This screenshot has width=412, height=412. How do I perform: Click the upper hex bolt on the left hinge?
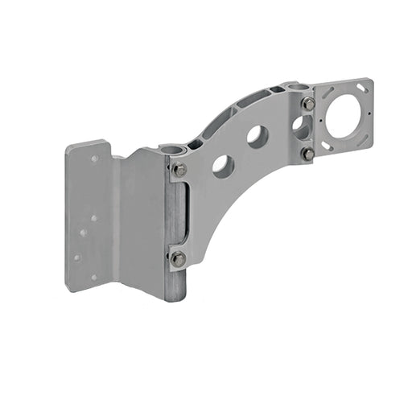[179, 170]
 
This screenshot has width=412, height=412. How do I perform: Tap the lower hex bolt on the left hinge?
[178, 258]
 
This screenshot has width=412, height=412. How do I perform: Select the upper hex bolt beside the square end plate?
[309, 104]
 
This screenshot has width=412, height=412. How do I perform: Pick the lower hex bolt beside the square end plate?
[307, 153]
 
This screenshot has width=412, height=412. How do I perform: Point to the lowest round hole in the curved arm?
[223, 166]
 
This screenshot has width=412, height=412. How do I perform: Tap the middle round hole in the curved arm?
[257, 136]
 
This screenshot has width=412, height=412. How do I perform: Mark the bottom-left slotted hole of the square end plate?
[326, 146]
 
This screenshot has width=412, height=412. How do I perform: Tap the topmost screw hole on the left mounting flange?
[94, 159]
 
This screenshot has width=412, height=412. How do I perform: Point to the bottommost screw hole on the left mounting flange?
[93, 278]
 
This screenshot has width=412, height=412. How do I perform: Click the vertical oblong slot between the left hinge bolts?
[183, 213]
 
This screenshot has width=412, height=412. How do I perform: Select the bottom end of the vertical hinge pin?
[175, 298]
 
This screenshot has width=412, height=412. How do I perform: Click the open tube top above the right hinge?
[299, 86]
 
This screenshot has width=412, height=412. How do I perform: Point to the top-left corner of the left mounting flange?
[67, 146]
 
